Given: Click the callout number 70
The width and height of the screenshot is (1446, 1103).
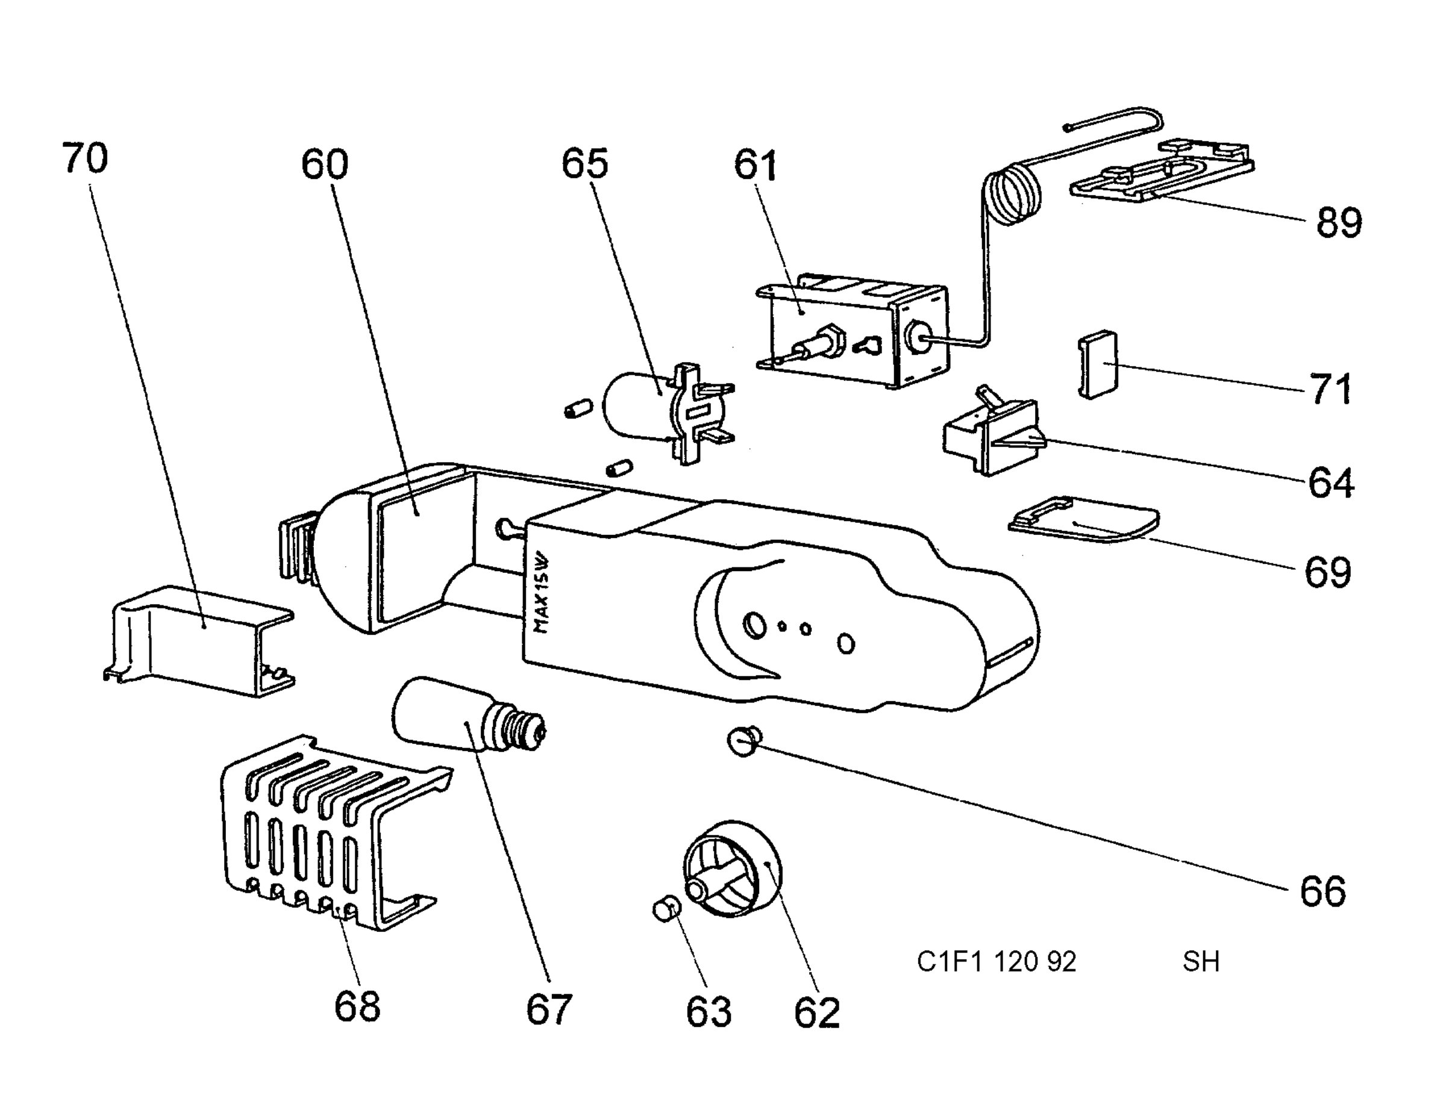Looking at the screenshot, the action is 85,159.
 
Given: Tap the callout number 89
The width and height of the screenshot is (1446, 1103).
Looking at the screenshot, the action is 1339,222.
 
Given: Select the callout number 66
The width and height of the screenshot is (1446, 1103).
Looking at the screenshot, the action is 1322,891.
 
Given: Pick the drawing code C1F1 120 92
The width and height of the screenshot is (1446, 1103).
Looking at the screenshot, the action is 996,962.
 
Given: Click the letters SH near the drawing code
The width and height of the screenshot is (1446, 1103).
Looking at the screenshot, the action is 1201,962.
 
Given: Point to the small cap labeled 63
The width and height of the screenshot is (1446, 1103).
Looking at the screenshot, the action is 665,910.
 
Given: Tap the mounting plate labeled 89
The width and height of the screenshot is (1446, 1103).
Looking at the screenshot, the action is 1162,170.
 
